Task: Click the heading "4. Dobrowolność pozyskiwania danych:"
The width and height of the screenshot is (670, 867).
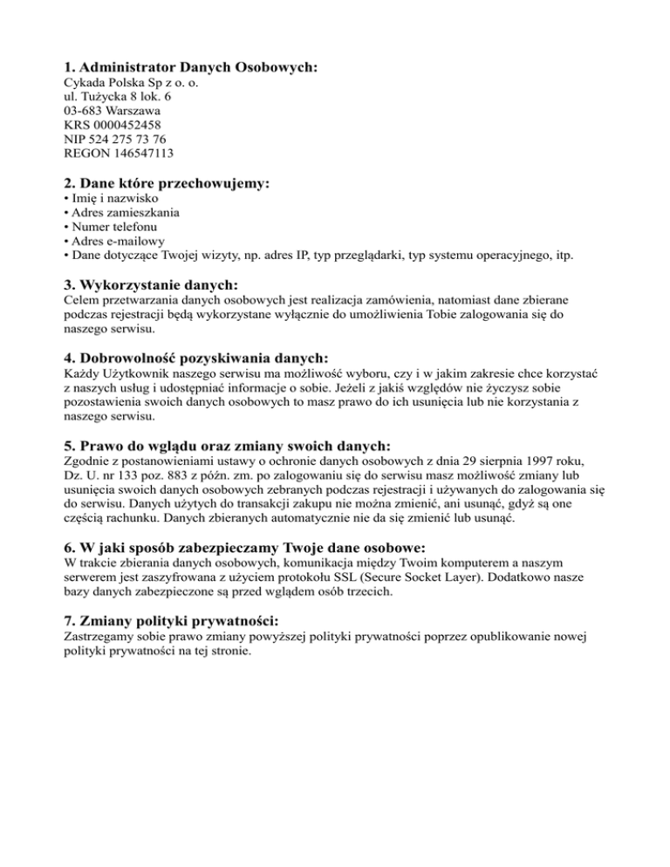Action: [x=196, y=358]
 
